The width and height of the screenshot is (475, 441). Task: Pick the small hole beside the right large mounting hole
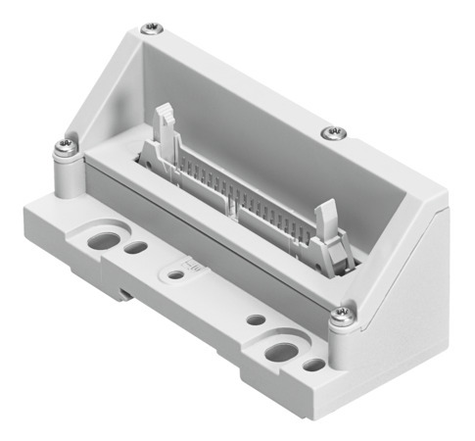pyautogui.click(x=312, y=366)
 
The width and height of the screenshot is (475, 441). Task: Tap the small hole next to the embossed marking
pyautogui.click(x=174, y=275)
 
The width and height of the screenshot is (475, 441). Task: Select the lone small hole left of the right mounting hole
pyautogui.click(x=255, y=319)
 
